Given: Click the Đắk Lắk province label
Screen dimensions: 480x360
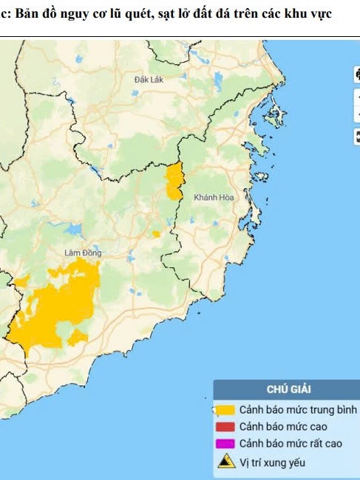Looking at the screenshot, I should [149, 78].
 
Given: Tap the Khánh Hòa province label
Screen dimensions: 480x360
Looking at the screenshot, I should [213, 198].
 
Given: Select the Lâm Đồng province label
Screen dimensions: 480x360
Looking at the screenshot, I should [82, 253].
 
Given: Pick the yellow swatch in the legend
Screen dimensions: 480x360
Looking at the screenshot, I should [225, 409].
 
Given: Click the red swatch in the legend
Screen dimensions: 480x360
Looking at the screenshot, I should [225, 427].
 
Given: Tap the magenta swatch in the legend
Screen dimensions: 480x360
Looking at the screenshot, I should [225, 444].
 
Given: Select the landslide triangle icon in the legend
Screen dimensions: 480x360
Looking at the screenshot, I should [225, 462].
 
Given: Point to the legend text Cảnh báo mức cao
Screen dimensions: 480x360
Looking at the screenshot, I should [279, 427].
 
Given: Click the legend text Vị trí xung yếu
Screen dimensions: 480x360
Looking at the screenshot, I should [271, 463].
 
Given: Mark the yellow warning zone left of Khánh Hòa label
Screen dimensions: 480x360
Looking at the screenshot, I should [174, 182].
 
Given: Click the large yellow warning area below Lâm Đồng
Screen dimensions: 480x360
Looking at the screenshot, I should [52, 310].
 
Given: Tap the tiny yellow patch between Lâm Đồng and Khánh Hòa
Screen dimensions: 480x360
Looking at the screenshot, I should [156, 234].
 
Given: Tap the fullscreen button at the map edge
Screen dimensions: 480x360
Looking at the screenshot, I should [356, 135].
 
